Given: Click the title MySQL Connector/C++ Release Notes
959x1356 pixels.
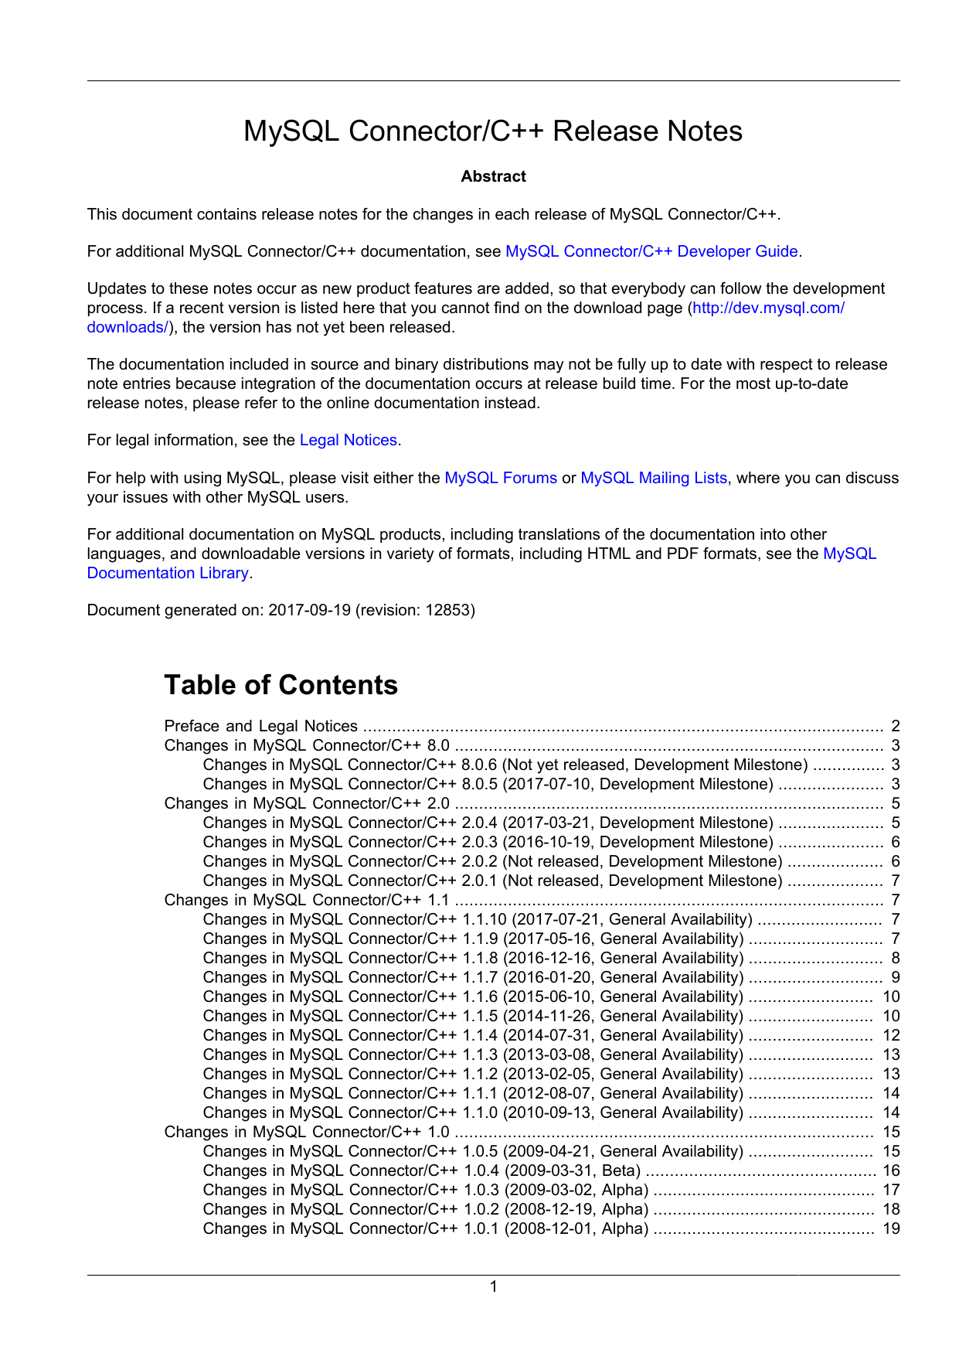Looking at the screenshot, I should click(492, 131).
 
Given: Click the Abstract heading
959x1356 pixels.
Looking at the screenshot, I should click(493, 176).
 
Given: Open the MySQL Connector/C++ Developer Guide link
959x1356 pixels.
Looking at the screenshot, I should click(651, 251).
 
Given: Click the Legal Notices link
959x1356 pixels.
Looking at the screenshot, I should click(348, 440).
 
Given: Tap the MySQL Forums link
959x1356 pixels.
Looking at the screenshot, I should click(501, 478).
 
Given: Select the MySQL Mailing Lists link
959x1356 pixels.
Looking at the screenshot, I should click(653, 478).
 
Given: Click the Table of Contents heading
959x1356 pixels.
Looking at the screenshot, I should click(281, 685).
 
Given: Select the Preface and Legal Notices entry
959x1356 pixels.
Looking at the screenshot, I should click(261, 726).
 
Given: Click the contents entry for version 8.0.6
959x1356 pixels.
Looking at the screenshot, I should click(505, 765).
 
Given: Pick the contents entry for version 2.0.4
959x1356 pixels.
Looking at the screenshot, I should click(488, 823).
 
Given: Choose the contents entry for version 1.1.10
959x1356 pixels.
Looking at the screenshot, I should click(478, 919).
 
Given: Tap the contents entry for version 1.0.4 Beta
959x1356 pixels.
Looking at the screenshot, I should click(421, 1170).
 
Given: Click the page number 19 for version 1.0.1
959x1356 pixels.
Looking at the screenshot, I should click(891, 1228).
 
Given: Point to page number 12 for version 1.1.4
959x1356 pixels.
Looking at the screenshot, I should click(891, 1035).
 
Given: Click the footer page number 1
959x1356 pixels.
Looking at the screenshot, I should click(494, 1286).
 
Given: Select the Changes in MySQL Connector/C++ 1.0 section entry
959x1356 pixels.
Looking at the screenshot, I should click(307, 1132).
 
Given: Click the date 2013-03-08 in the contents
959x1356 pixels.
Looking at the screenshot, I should click(548, 1054).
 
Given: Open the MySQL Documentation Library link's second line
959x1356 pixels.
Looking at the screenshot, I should click(168, 573).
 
